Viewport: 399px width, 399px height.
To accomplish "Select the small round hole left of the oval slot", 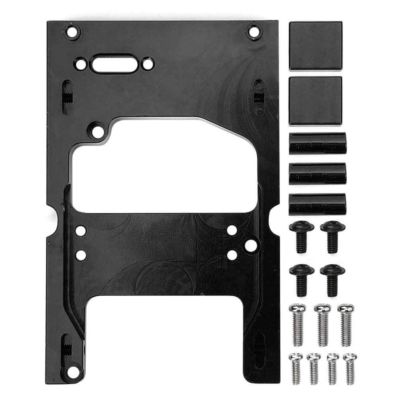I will coord(81,64).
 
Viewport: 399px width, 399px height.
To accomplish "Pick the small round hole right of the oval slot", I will coord(148,64).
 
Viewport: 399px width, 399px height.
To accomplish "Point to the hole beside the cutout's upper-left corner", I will coord(97,131).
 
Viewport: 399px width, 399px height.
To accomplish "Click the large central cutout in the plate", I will coord(163,171).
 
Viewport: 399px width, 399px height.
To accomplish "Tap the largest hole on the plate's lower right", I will coord(251,245).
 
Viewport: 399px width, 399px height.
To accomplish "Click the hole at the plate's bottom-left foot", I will coord(73,372).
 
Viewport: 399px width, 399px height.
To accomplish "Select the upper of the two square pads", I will coord(315,45).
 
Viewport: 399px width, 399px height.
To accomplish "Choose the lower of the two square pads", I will coord(315,100).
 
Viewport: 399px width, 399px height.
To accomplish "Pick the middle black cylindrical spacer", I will coord(318,173).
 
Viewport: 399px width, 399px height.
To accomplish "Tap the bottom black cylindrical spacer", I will coord(318,204).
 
